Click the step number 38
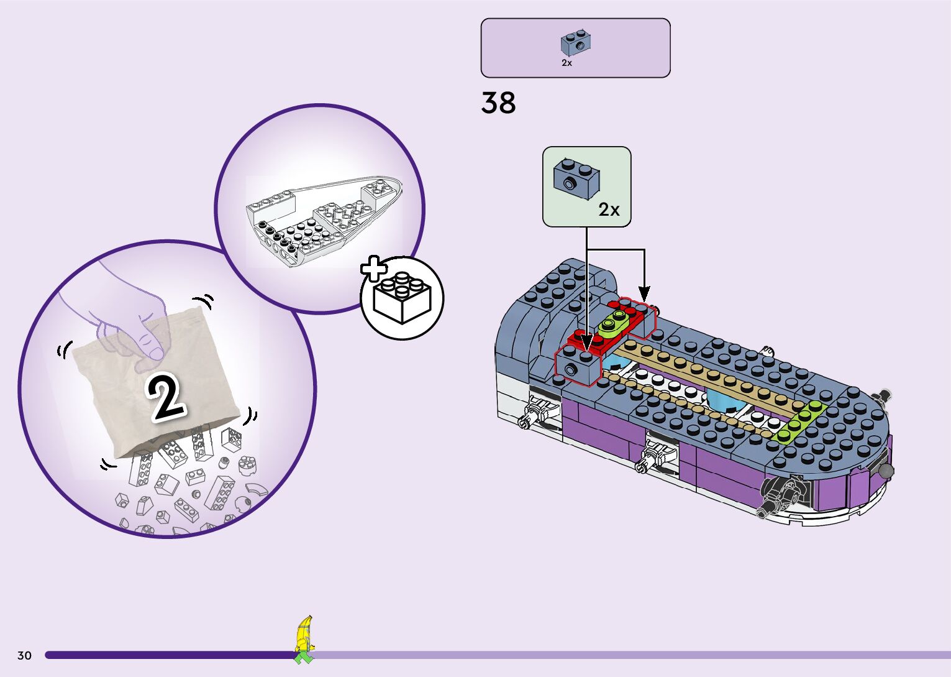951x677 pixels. coord(498,103)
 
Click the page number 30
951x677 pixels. coord(25,655)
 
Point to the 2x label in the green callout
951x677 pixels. coord(609,210)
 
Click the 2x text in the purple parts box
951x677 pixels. coord(567,63)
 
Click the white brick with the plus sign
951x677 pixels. coord(402,298)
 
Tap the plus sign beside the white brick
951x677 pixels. coord(373,268)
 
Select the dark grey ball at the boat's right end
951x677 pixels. coord(886,471)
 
